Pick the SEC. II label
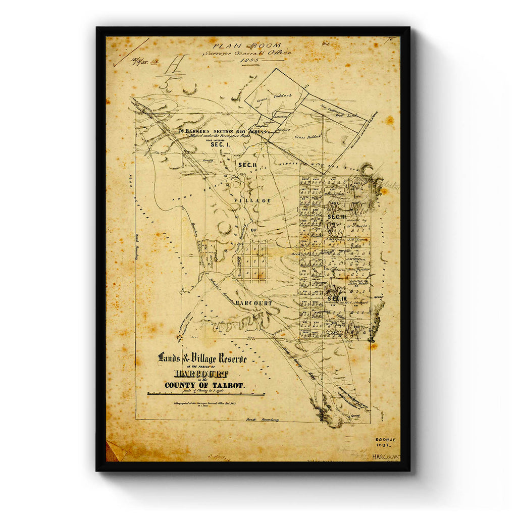point(248,165)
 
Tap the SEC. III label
point(336,217)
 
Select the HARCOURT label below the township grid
point(253,303)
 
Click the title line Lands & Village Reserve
point(202,358)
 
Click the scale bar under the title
point(206,394)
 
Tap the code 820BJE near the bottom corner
point(386,440)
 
